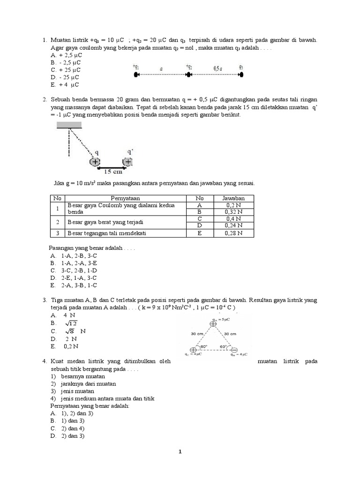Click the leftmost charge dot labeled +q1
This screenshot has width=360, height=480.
click(136, 75)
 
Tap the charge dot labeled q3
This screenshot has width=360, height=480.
click(241, 75)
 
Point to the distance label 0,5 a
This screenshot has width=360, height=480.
click(217, 68)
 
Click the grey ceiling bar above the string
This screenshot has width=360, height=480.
click(69, 125)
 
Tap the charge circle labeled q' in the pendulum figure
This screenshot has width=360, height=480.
click(127, 162)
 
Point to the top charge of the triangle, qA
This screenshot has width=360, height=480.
click(213, 324)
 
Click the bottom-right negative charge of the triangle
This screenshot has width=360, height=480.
click(234, 350)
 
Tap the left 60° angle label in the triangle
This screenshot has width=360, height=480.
click(202, 347)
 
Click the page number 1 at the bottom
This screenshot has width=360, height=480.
click(180, 452)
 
